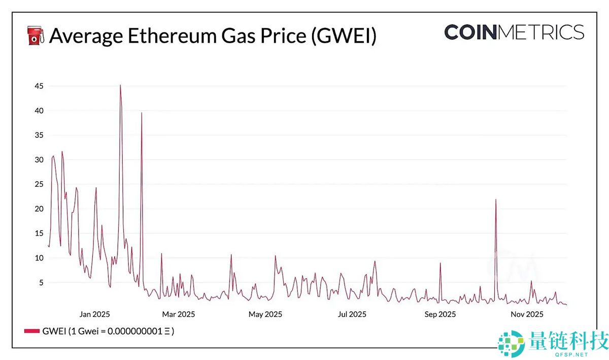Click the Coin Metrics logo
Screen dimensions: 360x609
point(514,32)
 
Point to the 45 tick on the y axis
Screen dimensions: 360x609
point(39,86)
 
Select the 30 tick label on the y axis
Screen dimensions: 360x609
point(39,160)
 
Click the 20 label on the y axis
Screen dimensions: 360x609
point(39,209)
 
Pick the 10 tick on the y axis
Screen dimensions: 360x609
point(39,258)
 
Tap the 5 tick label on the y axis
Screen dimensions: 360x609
point(41,282)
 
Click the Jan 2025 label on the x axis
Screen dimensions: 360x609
point(94,314)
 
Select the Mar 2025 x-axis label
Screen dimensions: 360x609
point(178,314)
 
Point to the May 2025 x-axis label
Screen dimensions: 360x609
point(265,314)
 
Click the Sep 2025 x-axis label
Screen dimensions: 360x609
point(439,314)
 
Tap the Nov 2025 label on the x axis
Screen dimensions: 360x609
point(527,314)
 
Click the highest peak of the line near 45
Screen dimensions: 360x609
point(120,85)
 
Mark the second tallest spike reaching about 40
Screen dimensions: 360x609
point(142,113)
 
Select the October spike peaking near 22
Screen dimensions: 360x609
point(496,200)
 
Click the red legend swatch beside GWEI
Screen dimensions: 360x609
point(31,331)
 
